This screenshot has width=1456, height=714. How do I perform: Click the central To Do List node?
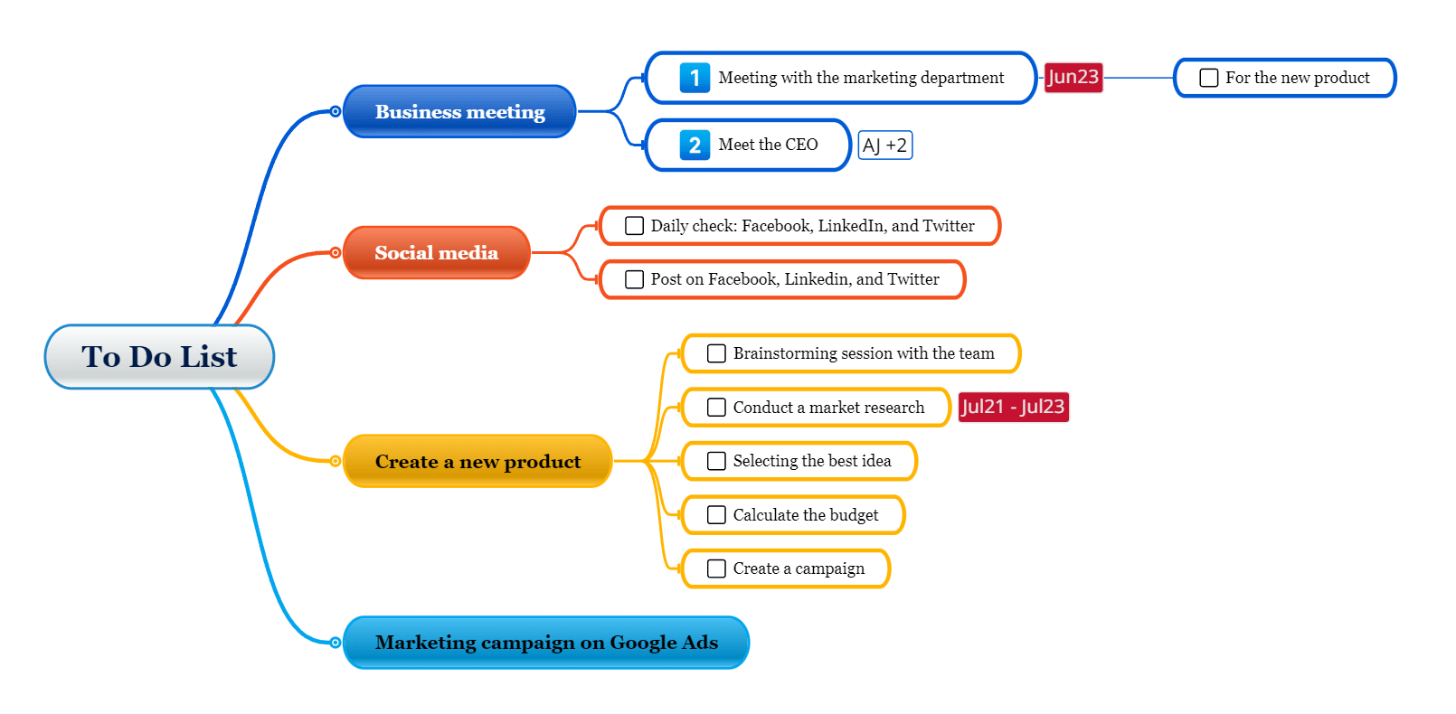click(x=159, y=357)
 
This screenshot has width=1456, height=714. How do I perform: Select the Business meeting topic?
click(x=459, y=112)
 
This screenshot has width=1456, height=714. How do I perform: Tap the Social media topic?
click(x=437, y=253)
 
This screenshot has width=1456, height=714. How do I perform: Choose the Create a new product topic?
click(x=477, y=461)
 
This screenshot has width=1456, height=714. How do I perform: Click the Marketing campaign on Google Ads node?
click(x=546, y=643)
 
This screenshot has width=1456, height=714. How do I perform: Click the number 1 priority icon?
click(x=695, y=78)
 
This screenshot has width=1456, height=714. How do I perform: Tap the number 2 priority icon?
click(x=695, y=145)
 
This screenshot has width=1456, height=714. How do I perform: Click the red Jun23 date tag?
click(x=1073, y=78)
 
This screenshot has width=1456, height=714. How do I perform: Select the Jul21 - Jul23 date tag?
click(x=1014, y=408)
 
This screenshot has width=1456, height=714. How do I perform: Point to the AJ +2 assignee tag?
click(x=885, y=145)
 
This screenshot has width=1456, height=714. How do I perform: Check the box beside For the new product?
click(x=1208, y=78)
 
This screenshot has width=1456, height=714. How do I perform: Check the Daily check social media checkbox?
click(x=634, y=225)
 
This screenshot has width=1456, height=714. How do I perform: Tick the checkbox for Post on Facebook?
click(x=634, y=279)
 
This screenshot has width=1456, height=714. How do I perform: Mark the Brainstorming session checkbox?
click(x=715, y=353)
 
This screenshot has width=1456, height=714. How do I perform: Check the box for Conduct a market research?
click(x=715, y=408)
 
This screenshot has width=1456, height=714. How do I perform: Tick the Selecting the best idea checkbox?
click(x=715, y=461)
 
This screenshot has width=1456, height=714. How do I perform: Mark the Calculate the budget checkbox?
click(x=715, y=515)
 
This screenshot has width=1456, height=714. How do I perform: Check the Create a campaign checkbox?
click(x=715, y=568)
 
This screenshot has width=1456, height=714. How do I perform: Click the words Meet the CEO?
click(x=768, y=145)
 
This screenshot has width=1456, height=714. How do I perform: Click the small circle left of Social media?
click(x=335, y=253)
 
